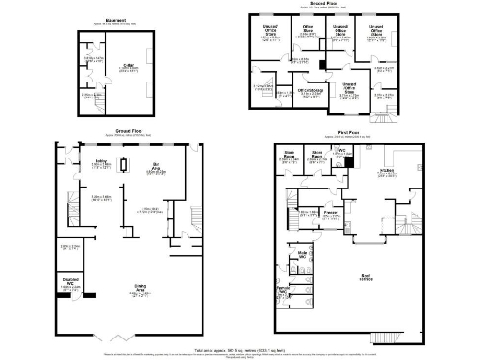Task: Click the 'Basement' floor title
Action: coord(115,19)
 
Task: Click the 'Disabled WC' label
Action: coord(69,280)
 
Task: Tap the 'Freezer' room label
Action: coord(331,213)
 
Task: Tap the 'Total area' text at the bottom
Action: coord(240,347)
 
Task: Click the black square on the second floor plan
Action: coord(322,66)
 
